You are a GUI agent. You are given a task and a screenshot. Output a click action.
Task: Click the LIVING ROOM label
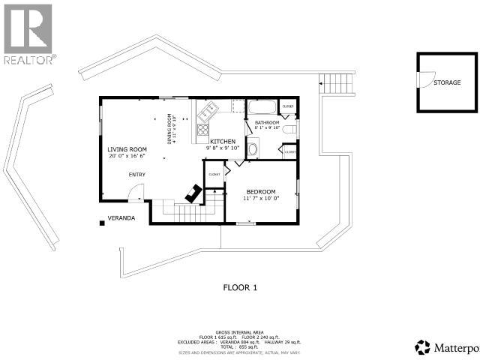point(126,149)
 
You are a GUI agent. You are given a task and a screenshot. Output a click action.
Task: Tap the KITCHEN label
point(223,141)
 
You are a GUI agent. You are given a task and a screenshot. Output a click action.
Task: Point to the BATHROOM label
point(266,122)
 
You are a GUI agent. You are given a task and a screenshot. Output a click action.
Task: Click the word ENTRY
point(136,175)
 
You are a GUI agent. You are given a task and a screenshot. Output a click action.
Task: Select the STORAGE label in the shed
point(447,82)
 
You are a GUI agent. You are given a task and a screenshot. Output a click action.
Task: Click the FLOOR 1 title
point(240,287)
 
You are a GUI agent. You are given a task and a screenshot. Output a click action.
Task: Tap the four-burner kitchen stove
point(202,133)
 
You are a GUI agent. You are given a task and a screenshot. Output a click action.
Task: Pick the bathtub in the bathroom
point(262,107)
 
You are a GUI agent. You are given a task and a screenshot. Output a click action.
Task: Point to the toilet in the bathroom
point(291,132)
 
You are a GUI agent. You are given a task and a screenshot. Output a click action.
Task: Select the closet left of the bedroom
point(214,174)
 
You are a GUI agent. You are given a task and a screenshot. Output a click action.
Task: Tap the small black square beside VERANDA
point(100,221)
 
